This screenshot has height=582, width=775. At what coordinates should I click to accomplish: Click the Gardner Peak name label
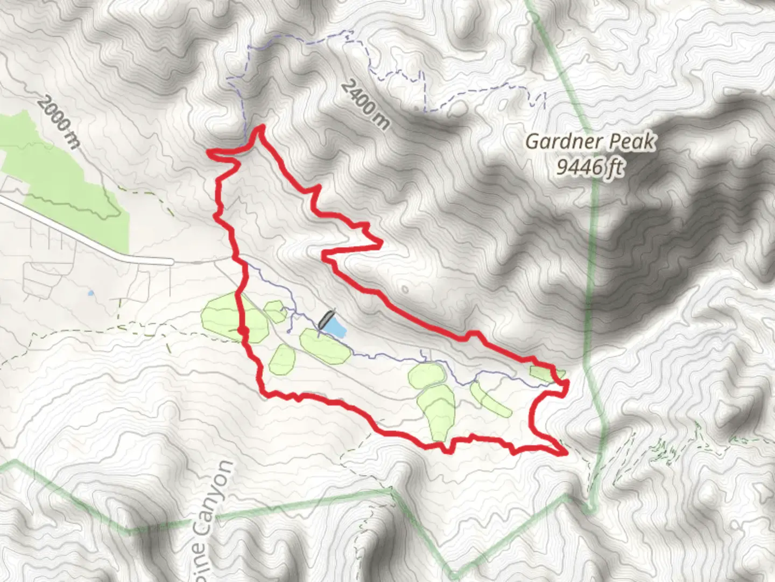590,142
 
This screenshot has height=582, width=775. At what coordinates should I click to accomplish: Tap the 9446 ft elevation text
590,168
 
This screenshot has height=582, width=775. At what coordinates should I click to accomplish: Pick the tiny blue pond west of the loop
90,294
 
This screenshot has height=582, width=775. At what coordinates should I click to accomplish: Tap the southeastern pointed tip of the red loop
566,453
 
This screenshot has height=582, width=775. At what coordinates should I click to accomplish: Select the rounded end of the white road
171,262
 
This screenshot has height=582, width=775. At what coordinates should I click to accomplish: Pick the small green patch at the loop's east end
545,373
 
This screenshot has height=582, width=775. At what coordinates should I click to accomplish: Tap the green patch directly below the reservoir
324,347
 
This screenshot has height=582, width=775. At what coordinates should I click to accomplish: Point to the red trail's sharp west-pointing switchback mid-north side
324,253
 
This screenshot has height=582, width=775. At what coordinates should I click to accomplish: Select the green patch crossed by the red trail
235,318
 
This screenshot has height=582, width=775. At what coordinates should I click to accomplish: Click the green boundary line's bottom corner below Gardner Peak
591,509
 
